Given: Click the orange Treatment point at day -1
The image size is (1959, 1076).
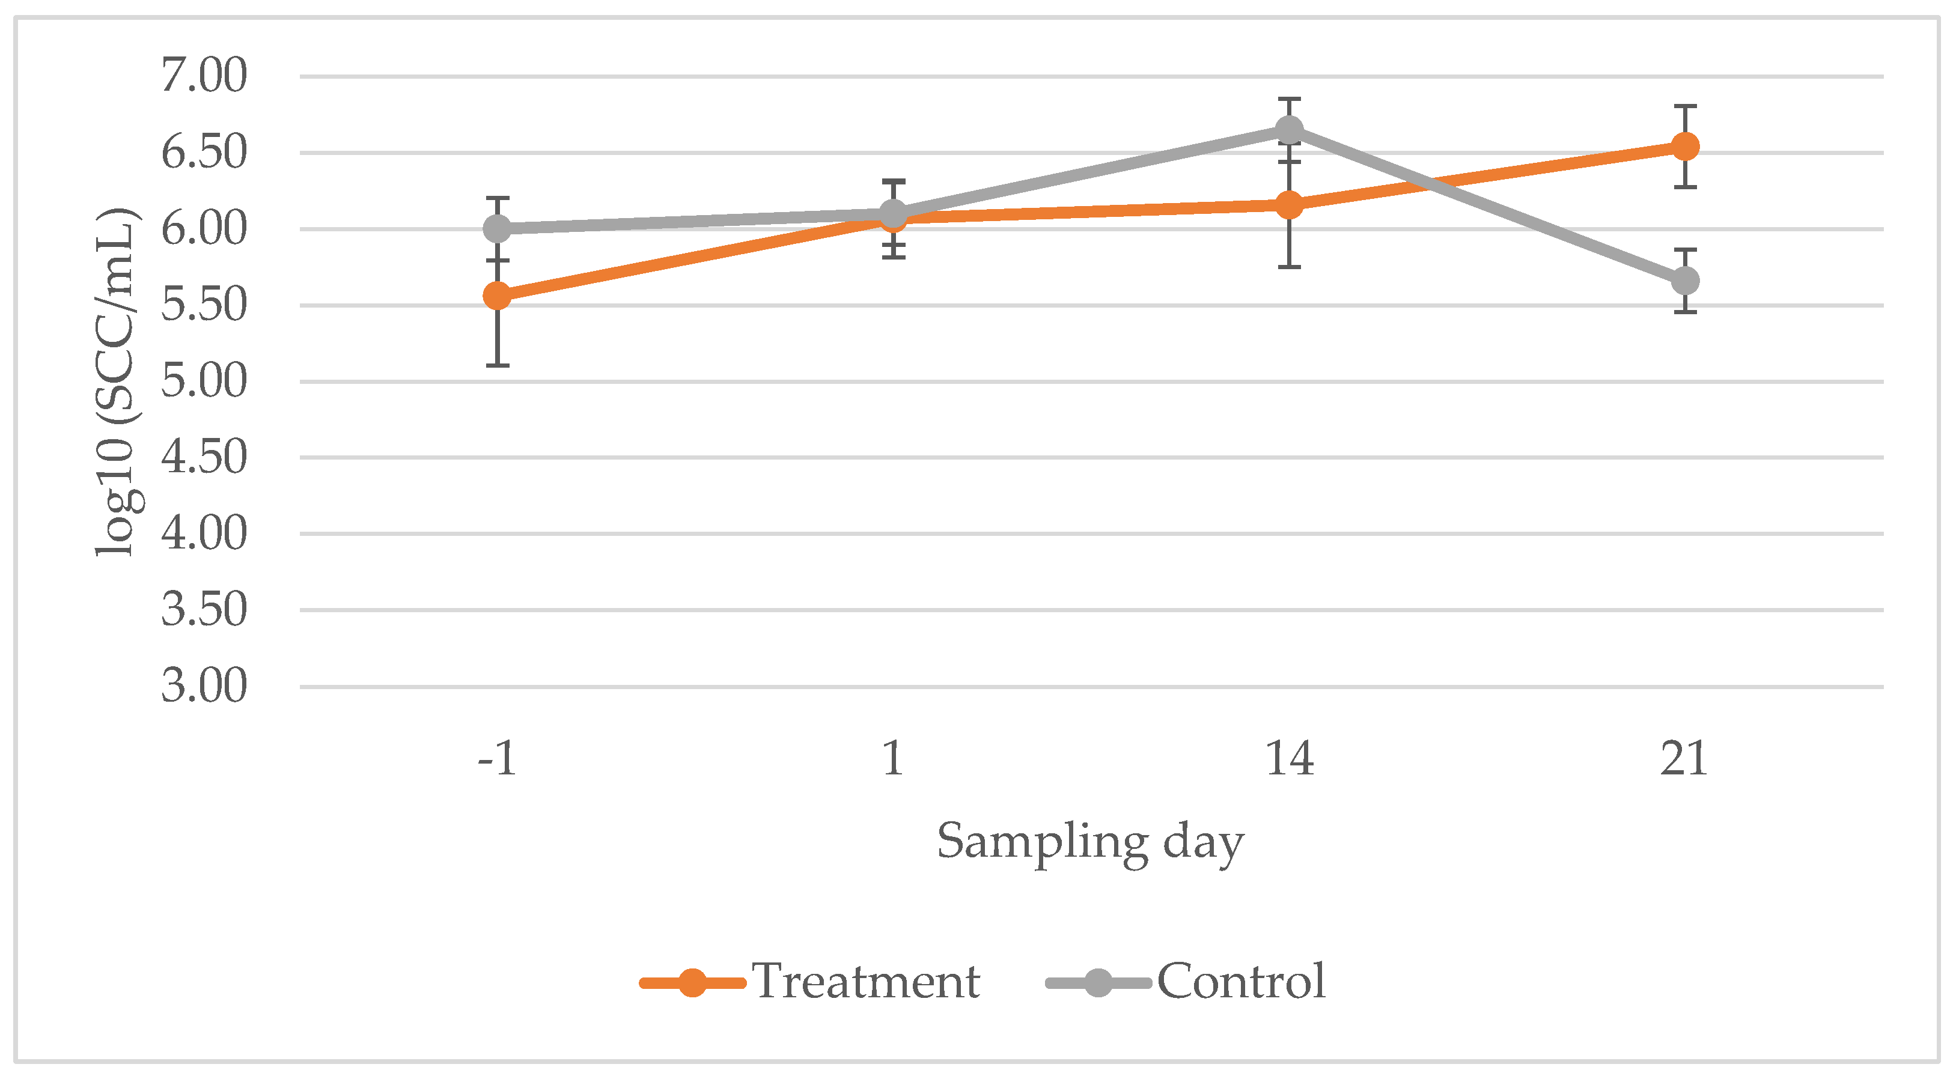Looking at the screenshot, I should coord(498,295).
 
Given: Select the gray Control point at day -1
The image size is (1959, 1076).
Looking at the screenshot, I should coord(498,228).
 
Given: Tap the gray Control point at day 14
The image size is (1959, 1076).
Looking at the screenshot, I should coord(1289,130).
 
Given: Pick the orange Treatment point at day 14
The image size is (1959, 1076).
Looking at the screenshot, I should coord(1289,204).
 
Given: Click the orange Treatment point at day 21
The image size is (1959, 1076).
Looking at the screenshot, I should coord(1685,146).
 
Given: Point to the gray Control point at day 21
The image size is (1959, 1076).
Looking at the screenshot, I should coord(1685,281).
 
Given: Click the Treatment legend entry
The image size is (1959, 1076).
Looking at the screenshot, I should coord(865,981).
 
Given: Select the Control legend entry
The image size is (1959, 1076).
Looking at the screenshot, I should coord(1241,981).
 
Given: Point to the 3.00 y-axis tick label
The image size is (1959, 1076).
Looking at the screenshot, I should coord(204,686).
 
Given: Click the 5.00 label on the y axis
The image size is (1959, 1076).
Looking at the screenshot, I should coord(204,381).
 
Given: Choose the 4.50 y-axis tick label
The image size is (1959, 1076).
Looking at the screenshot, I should coord(204,457).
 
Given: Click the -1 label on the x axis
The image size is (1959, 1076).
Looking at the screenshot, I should coord(498,758).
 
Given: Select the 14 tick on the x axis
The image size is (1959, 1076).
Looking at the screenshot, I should coord(1289,758).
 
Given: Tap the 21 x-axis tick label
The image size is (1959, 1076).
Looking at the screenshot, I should coord(1684,758).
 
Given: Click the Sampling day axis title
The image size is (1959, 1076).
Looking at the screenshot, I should coord(1090,842).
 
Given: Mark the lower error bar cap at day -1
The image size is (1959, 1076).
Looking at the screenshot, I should coord(498,365).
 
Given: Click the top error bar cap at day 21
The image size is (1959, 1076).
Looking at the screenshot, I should coord(1685,106).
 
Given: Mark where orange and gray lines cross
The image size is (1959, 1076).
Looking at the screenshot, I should coord(1431,183).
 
